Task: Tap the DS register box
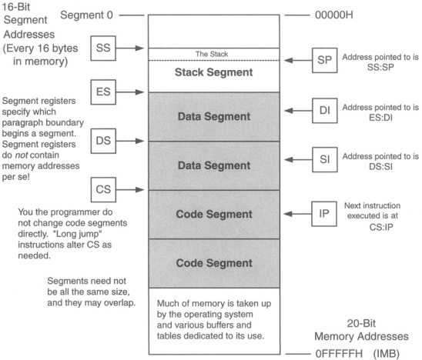103,142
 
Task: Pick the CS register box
103,188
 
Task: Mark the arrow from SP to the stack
293,58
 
